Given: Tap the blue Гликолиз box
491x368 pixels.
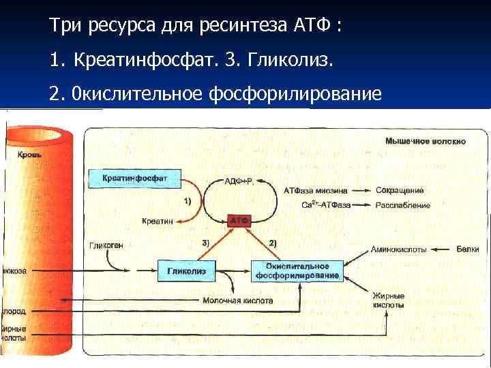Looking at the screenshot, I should pos(186,271).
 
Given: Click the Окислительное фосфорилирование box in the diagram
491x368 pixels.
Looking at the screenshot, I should pos(297,271).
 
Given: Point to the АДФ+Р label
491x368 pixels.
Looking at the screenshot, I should pos(239,182).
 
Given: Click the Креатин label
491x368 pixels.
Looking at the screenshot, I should pos(157,221).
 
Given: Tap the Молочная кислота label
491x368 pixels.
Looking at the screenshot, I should pos(238,300).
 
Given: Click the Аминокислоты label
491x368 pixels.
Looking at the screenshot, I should pos(398,249).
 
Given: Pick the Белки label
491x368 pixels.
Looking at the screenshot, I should pos(467,249).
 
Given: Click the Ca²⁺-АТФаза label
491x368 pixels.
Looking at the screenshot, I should pos(326,204).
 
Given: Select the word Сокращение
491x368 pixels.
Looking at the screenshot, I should pos(400,190).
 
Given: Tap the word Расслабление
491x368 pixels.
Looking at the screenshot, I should pos(403,204).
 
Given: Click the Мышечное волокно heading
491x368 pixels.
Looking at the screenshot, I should pos(426,141).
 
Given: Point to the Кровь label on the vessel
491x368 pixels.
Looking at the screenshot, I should pos(15,155).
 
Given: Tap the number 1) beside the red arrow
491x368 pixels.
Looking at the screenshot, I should pos(188,202).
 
